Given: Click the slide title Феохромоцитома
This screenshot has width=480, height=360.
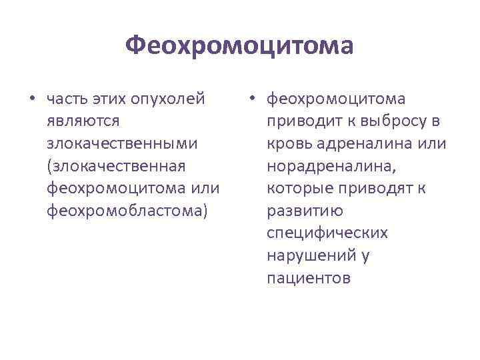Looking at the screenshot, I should [x=239, y=47].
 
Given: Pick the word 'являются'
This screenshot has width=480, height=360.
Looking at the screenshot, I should [x=83, y=122].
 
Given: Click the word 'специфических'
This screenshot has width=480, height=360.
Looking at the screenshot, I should [x=327, y=233].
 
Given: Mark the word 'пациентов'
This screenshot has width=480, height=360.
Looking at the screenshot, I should [x=308, y=277].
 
